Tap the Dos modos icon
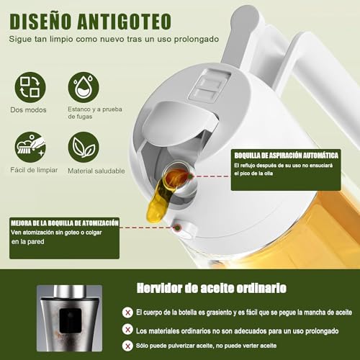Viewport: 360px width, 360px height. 30,86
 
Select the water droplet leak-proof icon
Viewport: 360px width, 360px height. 84,86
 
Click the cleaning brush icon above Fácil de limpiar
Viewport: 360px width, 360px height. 30,146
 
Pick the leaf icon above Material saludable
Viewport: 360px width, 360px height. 84,146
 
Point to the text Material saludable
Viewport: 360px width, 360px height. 96,171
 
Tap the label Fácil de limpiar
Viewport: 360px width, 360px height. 34,171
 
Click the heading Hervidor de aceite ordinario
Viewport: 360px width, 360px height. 211,288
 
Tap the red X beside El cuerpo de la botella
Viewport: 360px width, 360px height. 128,312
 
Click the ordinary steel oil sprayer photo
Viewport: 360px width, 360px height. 69,317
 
